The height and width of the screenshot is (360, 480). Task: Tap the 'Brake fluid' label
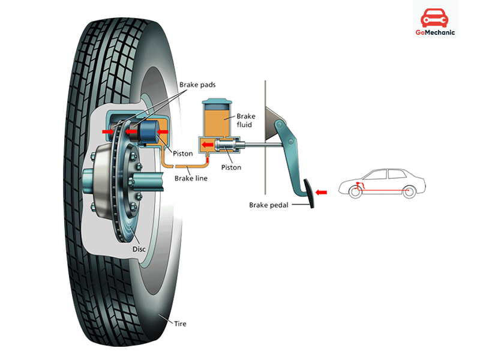(246, 121)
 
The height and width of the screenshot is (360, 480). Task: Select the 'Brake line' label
(191, 178)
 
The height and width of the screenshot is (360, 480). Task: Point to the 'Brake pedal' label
(269, 205)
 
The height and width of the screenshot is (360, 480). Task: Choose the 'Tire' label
(179, 323)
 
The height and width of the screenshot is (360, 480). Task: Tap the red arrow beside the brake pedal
(322, 192)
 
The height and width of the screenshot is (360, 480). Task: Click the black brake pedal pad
(310, 194)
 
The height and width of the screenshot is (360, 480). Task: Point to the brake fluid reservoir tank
(218, 120)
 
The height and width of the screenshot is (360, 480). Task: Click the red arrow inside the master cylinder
(206, 145)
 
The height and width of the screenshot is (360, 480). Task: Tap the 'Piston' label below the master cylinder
(230, 167)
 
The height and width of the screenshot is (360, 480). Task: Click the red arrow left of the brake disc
(107, 131)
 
